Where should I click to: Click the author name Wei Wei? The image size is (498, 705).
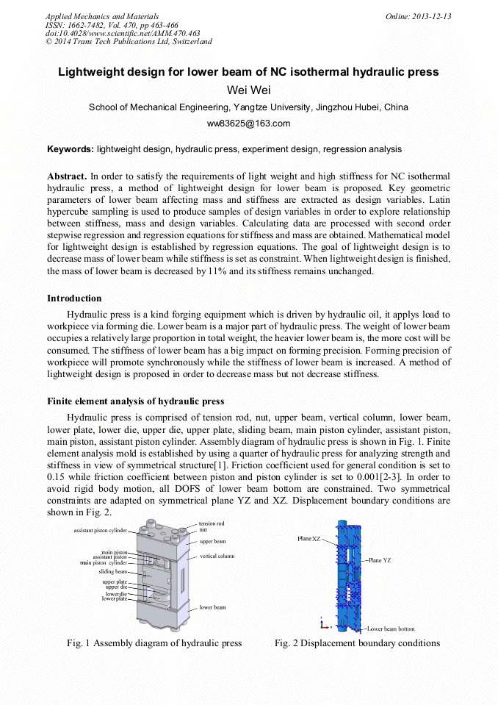(x=248, y=90)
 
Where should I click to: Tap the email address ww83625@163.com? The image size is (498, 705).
(x=248, y=124)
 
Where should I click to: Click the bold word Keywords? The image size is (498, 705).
(x=71, y=149)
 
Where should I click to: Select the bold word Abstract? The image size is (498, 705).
(x=67, y=177)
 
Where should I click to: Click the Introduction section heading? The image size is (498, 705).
(x=74, y=298)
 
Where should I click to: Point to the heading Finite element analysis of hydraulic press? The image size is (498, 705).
(x=135, y=401)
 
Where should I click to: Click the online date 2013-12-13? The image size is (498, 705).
(x=430, y=16)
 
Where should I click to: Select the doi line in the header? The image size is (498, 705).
(x=123, y=33)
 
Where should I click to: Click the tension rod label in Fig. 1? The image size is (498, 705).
(x=212, y=523)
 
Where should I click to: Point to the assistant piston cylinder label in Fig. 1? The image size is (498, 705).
(x=100, y=530)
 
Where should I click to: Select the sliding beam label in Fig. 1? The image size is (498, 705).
(x=113, y=571)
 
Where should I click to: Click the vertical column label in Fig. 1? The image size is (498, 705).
(x=217, y=557)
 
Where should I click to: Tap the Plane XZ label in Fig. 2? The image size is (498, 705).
(x=308, y=539)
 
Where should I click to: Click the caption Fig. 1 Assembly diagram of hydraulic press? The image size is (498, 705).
(x=154, y=643)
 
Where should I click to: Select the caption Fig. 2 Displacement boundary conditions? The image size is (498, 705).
(x=357, y=643)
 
